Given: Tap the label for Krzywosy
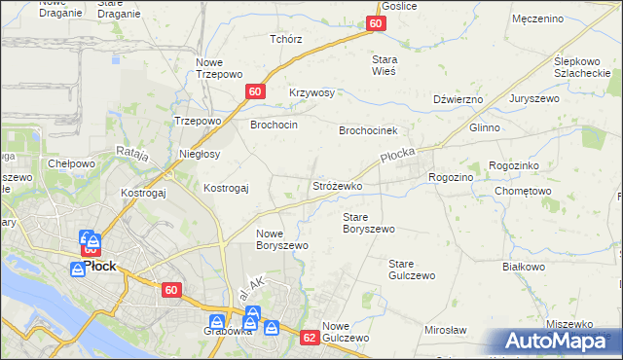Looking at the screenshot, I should click(311, 93).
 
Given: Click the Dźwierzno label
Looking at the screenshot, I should click(458, 99).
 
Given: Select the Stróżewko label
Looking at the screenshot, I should click(337, 185).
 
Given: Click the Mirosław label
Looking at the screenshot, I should click(446, 331).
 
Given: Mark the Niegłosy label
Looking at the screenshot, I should click(200, 154).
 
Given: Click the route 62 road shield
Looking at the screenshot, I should click(310, 338).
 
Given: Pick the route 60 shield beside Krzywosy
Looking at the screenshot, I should click(254, 91).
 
